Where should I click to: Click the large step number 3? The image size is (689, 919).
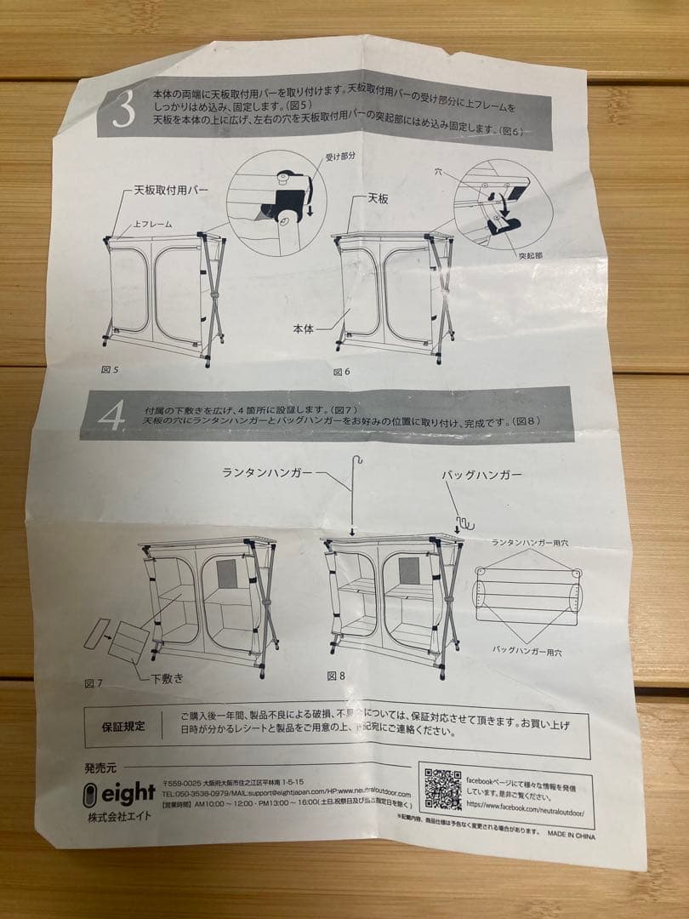pyautogui.click(x=124, y=111)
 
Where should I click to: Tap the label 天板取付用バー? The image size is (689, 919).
pyautogui.click(x=170, y=191)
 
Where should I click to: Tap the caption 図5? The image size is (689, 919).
pyautogui.click(x=111, y=370)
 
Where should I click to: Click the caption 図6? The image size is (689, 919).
pyautogui.click(x=342, y=372)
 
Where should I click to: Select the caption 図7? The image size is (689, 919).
pyautogui.click(x=94, y=683)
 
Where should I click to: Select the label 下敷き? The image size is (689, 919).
pyautogui.click(x=167, y=678)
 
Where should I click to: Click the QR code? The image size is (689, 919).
pyautogui.click(x=442, y=789)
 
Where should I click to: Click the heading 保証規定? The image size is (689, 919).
pyautogui.click(x=123, y=726)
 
